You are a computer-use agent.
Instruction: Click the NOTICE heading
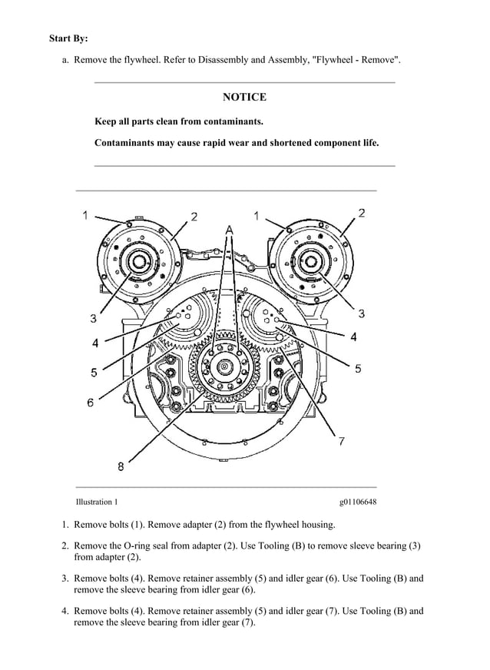[244, 97]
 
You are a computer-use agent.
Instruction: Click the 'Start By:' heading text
[68, 38]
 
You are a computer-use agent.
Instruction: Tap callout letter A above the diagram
[228, 230]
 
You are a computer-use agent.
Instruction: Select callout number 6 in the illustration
[91, 402]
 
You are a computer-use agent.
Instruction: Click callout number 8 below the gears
[121, 466]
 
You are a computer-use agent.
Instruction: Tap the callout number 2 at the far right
[361, 213]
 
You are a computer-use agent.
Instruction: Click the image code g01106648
[357, 502]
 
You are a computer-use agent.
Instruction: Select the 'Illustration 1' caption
[97, 502]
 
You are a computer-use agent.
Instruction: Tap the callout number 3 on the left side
[93, 317]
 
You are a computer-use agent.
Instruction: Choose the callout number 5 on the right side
[357, 369]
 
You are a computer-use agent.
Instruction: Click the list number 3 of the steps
[65, 579]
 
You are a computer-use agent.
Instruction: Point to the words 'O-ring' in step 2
[134, 546]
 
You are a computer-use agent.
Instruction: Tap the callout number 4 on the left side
[94, 343]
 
